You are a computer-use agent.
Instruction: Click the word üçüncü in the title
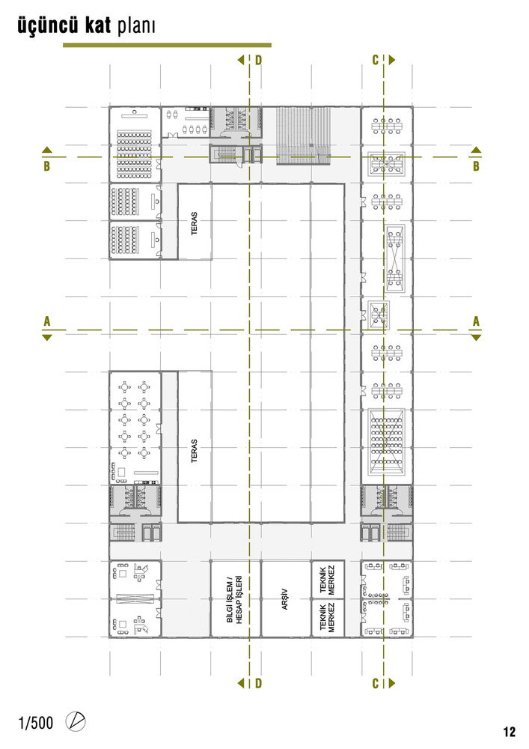click(x=47, y=25)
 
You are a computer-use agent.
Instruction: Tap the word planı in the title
click(x=136, y=27)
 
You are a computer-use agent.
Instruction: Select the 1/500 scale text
click(x=36, y=723)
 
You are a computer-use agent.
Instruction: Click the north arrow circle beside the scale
click(x=76, y=721)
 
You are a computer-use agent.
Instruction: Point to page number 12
click(x=509, y=732)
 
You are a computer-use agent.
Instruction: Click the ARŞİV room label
click(x=285, y=599)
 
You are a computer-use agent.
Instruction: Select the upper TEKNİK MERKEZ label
click(x=327, y=580)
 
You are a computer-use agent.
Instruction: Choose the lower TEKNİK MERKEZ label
click(x=327, y=618)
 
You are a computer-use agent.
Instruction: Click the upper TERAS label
click(x=194, y=223)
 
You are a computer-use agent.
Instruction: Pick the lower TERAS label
click(x=194, y=450)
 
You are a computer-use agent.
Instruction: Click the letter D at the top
click(x=258, y=60)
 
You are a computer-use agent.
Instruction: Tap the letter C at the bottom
click(x=376, y=684)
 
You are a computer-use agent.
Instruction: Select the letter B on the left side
click(x=46, y=166)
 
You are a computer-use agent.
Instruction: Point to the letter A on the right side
click(x=476, y=321)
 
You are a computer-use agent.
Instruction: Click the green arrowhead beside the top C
click(x=392, y=60)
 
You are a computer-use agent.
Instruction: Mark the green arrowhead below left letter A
click(x=46, y=338)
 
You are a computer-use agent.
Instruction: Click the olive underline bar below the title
click(x=167, y=46)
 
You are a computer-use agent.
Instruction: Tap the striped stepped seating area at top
click(x=302, y=136)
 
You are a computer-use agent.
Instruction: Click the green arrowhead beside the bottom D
click(x=241, y=683)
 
